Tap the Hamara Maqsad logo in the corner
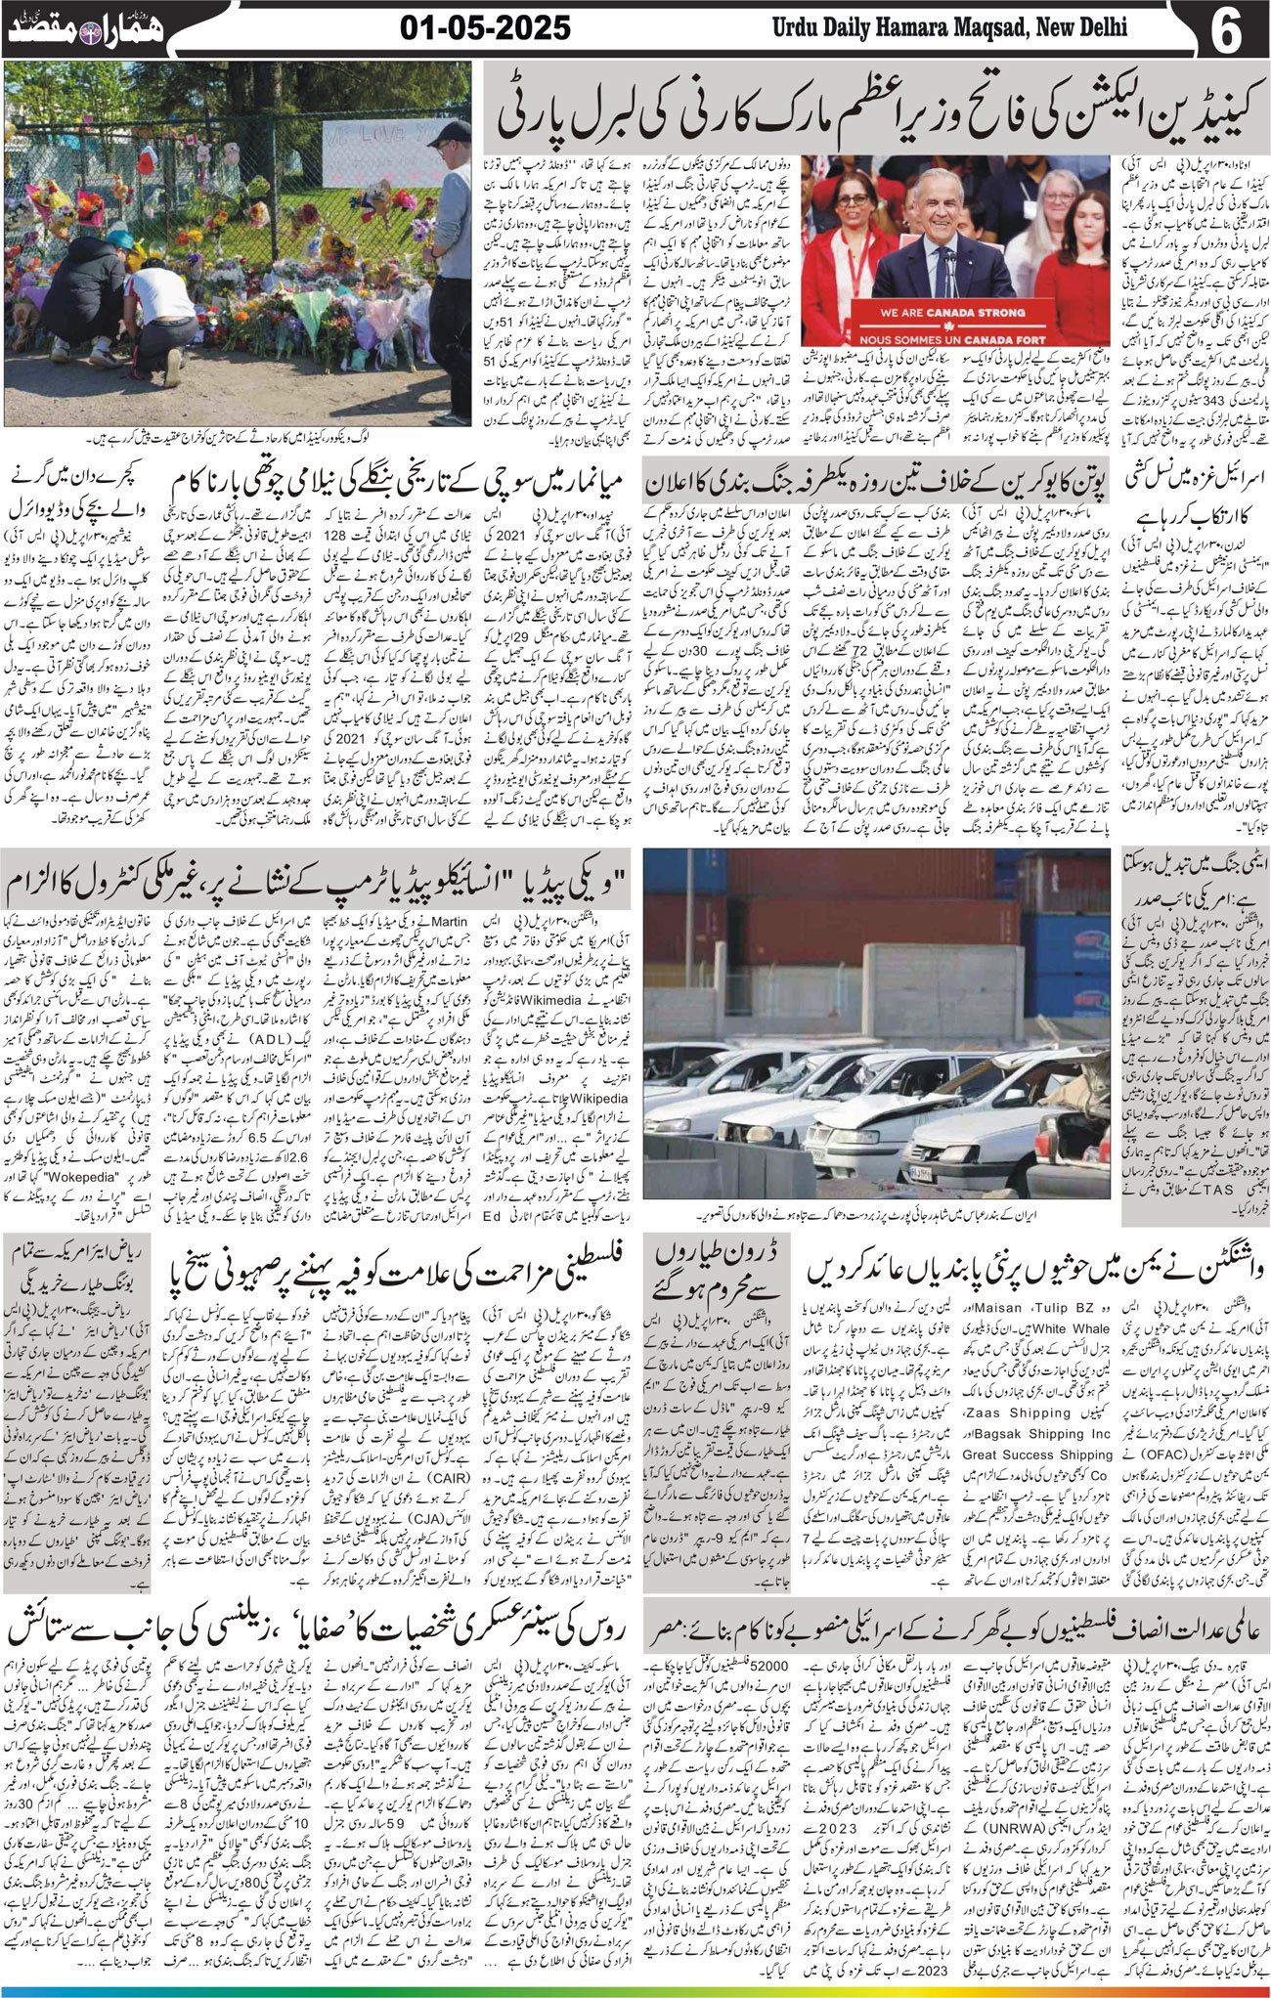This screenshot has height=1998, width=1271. pos(88,27)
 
